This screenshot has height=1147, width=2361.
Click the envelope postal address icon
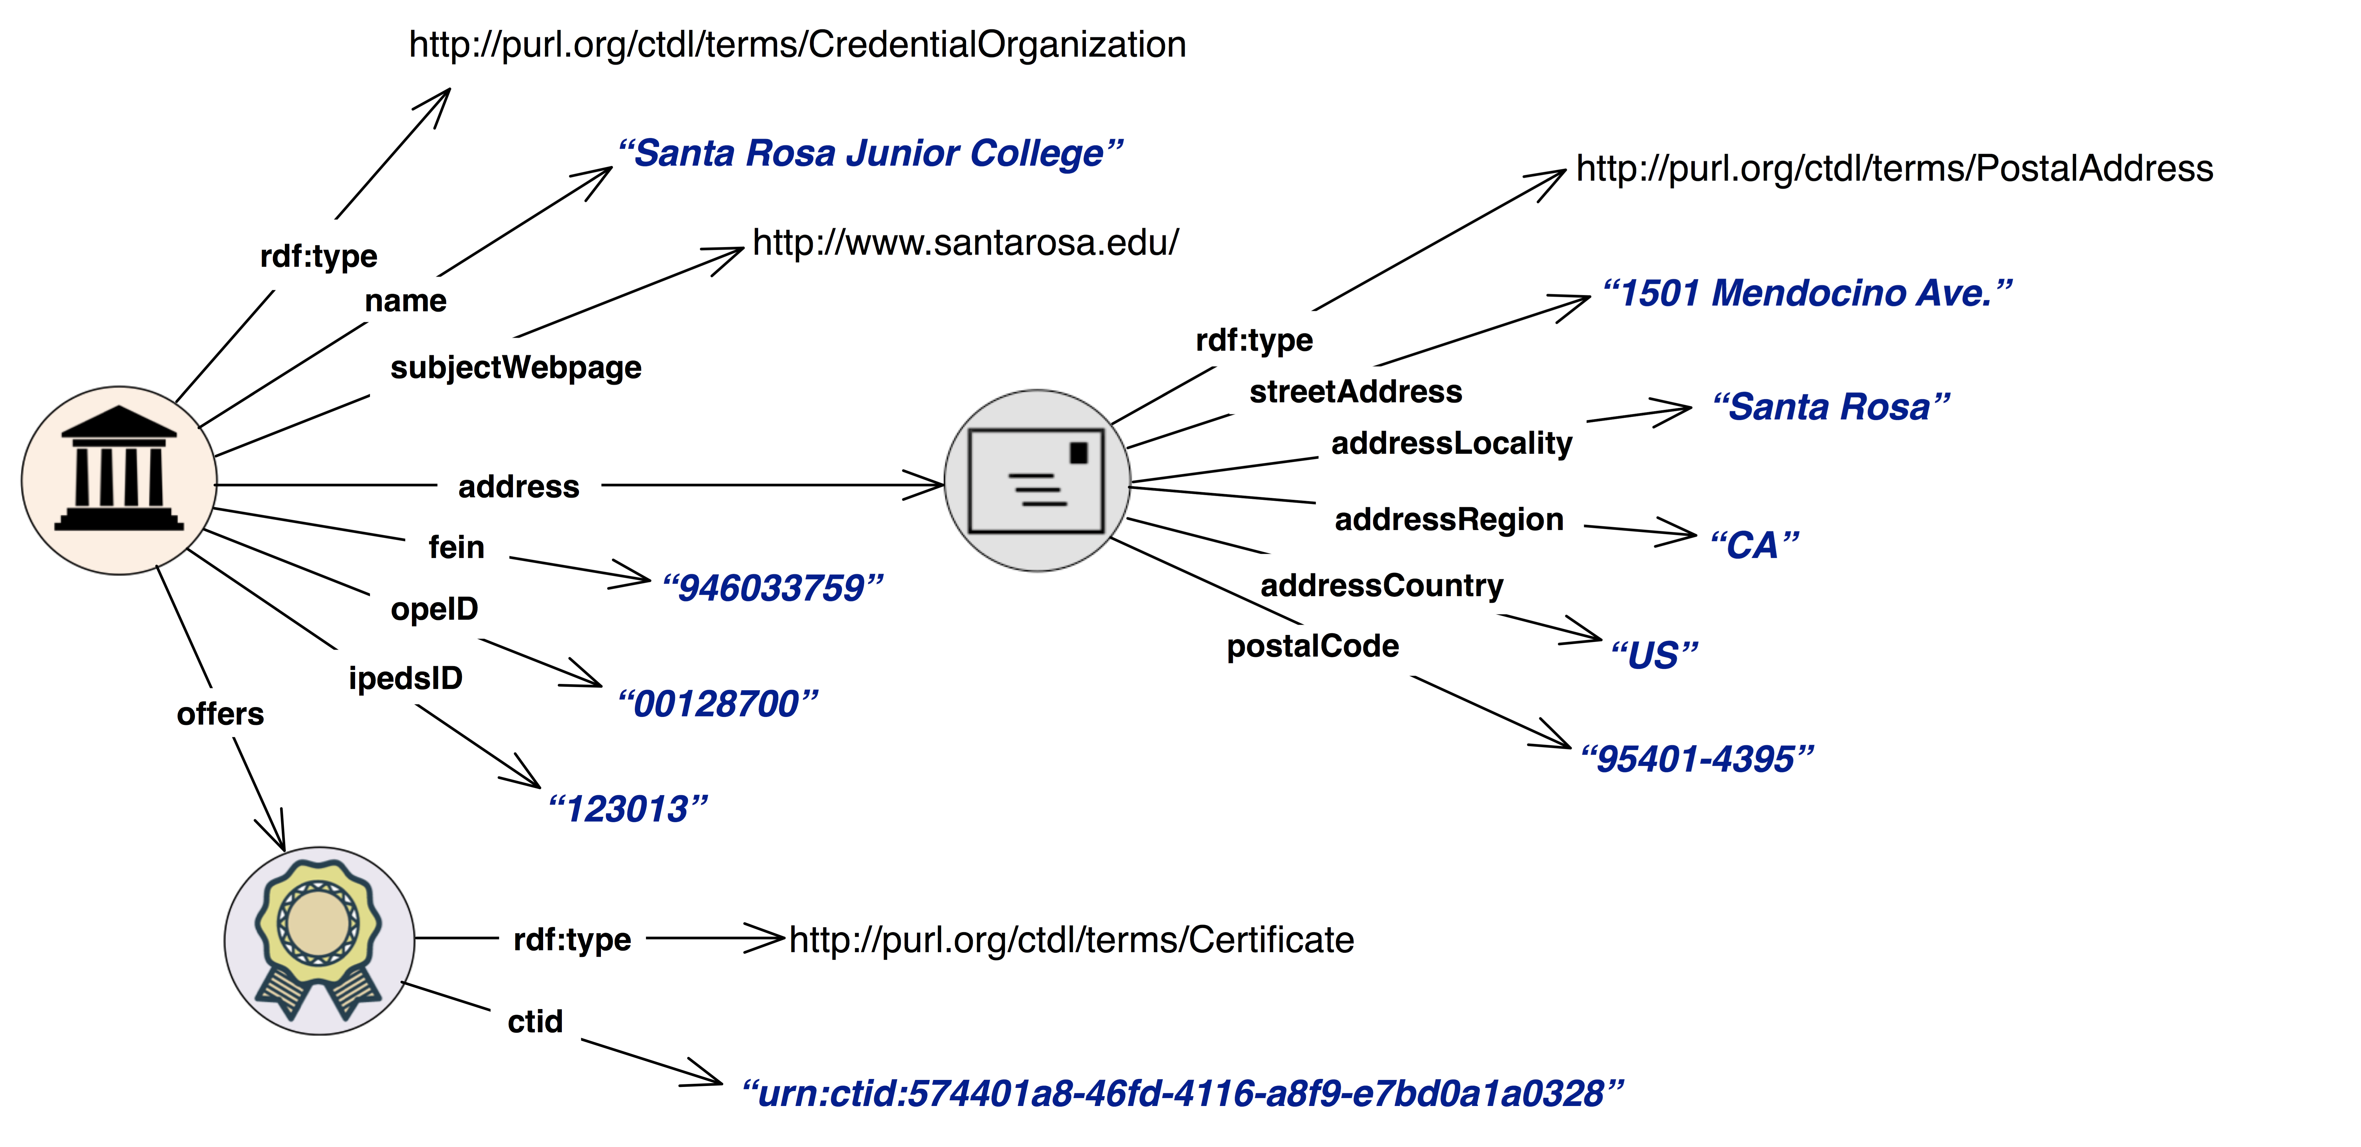point(1037,481)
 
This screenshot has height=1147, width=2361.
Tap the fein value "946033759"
point(772,588)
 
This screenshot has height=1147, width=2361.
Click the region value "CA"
point(1753,545)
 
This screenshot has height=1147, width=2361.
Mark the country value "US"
point(1654,655)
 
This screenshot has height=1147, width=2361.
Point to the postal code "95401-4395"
point(1697,759)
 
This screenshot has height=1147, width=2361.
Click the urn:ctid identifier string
point(1181,1093)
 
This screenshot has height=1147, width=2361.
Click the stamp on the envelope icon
point(1079,452)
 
